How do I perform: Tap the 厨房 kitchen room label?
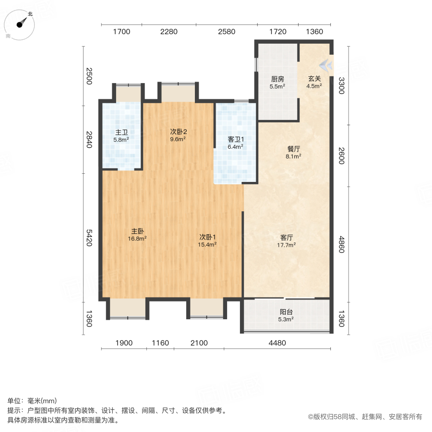tap(277, 79)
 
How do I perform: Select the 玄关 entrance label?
tap(314, 79)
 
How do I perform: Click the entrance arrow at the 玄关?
tap(326, 63)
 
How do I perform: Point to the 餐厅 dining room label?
tap(294, 149)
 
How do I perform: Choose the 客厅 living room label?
tap(287, 237)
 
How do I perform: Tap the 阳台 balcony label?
tap(286, 312)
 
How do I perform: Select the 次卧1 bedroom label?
tap(208, 237)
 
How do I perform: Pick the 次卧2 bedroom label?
tap(178, 132)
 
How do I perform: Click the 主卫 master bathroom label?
tap(121, 132)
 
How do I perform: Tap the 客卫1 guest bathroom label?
tap(236, 140)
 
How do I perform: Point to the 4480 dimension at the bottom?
tap(277, 343)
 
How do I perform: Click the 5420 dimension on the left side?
tap(88, 237)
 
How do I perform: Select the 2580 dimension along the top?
tap(227, 32)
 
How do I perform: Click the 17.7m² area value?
tap(287, 244)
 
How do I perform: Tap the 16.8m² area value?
tap(138, 238)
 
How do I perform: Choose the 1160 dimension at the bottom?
tap(160, 343)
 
